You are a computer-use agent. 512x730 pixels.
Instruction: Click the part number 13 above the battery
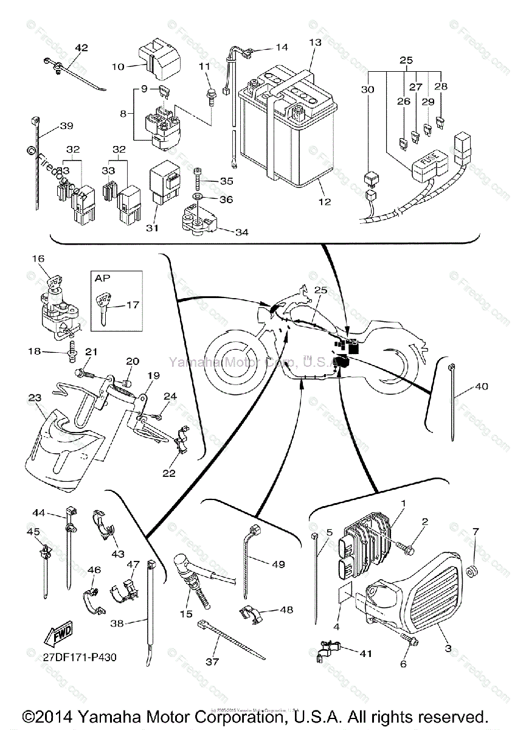314,43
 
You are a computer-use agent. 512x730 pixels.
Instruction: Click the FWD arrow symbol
58,636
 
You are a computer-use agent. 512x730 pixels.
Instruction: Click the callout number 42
81,47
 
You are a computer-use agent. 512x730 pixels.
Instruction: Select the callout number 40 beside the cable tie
482,386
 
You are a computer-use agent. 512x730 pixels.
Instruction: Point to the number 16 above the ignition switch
38,259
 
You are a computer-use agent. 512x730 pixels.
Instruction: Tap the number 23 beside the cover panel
34,398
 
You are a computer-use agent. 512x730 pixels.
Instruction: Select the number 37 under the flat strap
212,661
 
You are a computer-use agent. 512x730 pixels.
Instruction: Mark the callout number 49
278,565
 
